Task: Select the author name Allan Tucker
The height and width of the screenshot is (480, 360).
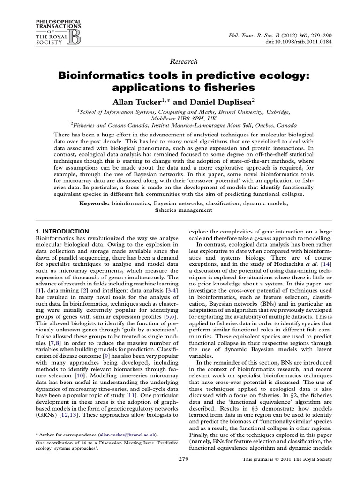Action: [x=131, y=101]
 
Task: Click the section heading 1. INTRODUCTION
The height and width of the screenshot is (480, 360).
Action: [x=62, y=231]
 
